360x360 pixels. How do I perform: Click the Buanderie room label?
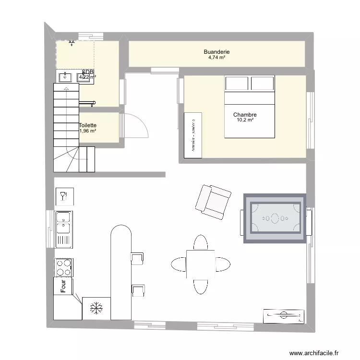[x=216, y=51]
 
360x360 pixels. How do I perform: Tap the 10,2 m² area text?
[x=245, y=120]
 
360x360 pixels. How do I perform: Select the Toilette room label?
[x=88, y=125]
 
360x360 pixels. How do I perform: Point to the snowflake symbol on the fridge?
[x=97, y=308]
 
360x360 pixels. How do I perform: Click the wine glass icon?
[x=63, y=196]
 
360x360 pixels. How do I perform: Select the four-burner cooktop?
[x=63, y=267]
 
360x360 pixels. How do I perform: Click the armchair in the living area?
[x=213, y=202]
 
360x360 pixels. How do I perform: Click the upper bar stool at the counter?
[x=137, y=258]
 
